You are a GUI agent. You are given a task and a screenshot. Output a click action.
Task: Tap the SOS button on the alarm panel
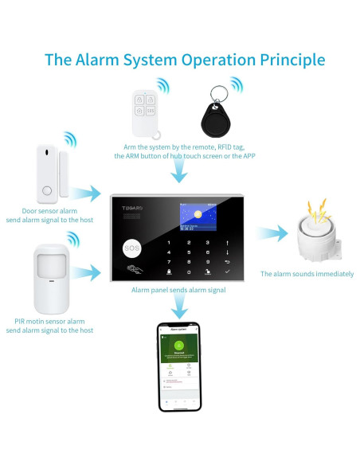[131, 248]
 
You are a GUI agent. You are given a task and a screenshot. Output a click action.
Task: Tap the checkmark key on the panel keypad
[228, 272]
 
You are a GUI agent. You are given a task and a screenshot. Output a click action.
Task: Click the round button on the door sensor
[47, 191]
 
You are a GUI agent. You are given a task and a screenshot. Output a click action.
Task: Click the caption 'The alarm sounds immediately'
[307, 274]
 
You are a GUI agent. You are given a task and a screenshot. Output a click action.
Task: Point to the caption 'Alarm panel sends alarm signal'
[178, 290]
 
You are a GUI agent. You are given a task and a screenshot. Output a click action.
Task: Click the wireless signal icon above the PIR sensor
[73, 239]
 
